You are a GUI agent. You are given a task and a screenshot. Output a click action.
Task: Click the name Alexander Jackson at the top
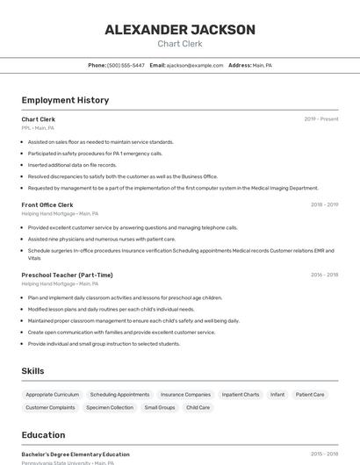(180, 30)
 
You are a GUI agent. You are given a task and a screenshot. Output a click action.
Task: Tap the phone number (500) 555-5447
(126, 65)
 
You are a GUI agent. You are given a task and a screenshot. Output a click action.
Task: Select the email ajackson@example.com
(195, 65)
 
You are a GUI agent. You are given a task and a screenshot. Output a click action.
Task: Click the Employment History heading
(65, 100)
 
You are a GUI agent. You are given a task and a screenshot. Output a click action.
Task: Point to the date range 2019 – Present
(321, 119)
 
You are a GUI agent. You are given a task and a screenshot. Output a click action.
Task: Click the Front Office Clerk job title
(47, 204)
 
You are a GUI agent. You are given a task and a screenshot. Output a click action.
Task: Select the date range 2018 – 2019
(324, 204)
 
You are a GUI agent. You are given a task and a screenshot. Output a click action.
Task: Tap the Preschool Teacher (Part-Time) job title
(67, 275)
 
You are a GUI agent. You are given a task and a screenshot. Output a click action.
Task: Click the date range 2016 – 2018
(324, 275)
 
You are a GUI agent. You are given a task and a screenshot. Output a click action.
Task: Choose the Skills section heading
(33, 371)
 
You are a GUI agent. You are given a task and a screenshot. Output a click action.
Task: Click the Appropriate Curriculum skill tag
(53, 395)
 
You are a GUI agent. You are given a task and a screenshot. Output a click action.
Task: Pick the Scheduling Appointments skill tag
(119, 395)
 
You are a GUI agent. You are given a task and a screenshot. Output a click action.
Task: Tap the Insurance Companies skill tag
(185, 395)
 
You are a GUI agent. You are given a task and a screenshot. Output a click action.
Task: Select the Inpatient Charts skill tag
(241, 395)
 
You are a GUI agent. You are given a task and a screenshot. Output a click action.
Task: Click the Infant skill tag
(277, 395)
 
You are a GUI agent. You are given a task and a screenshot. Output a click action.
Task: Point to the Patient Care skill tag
(310, 395)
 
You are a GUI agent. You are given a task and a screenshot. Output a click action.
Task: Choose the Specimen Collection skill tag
(110, 407)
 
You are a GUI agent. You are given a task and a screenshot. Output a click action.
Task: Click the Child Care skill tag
(198, 407)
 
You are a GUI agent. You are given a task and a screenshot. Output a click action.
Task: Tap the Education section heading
(43, 434)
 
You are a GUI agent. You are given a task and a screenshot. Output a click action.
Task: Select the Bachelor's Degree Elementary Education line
(76, 454)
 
